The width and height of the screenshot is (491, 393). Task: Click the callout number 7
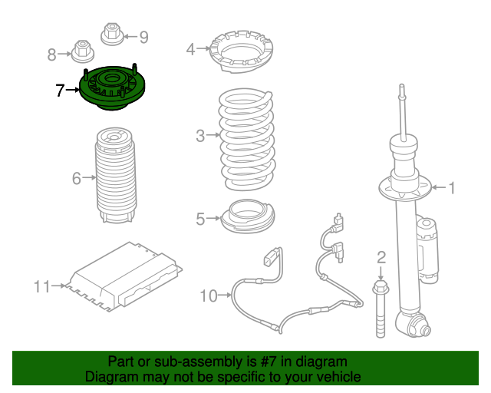[61, 91]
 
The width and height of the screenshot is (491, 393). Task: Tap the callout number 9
[143, 36]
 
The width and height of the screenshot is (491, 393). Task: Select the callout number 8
[52, 54]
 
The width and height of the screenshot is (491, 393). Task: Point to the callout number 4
[191, 50]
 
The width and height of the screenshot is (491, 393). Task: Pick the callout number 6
[77, 179]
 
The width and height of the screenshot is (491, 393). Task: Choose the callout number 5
[200, 220]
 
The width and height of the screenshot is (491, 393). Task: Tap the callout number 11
[41, 287]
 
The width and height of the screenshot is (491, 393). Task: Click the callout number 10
[209, 295]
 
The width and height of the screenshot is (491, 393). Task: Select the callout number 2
[381, 257]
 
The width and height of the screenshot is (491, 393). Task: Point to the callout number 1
[452, 187]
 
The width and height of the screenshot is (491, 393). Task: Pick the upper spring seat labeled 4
[240, 51]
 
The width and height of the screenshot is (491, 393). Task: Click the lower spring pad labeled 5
[247, 216]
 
